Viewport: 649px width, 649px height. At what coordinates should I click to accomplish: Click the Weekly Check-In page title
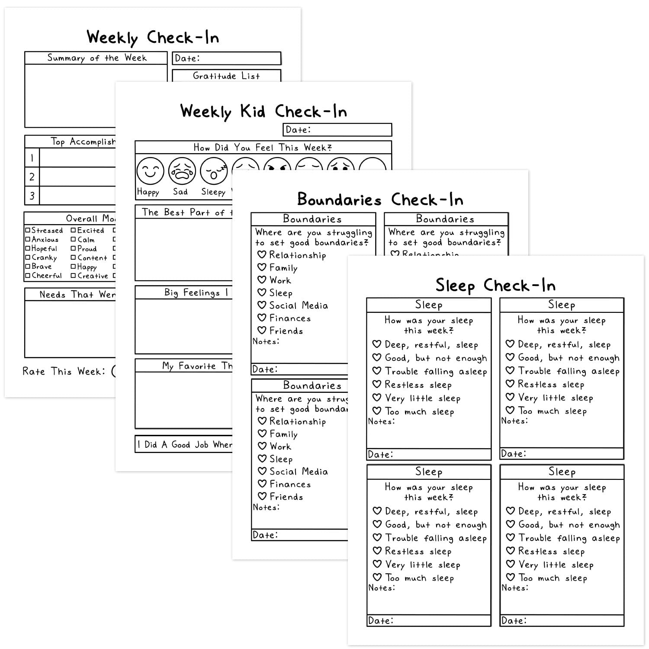153,38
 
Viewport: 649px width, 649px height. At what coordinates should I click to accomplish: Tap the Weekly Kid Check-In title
263,112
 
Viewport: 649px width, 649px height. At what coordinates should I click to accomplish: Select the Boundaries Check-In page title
380,199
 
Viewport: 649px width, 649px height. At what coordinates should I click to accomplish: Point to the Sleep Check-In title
495,286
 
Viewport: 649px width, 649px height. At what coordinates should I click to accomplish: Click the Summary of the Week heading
96,58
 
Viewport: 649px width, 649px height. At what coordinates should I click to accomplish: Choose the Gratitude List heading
226,76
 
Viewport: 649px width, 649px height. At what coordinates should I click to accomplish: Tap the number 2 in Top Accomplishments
32,177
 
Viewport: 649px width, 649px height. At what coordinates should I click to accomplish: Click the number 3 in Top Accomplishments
32,196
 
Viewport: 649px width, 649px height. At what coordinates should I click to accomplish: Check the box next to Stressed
28,231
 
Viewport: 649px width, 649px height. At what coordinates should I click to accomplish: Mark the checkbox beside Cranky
28,258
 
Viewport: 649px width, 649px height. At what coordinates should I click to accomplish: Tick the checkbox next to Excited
74,231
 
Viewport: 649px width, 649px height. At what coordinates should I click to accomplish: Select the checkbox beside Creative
74,276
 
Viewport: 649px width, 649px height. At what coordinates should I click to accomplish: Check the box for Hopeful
28,249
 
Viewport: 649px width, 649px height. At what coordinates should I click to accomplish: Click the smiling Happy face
150,171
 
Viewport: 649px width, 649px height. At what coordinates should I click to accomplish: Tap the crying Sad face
182,171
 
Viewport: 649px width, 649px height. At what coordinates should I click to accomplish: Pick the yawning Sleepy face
214,171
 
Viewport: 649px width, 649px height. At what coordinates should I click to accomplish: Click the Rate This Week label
64,371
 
